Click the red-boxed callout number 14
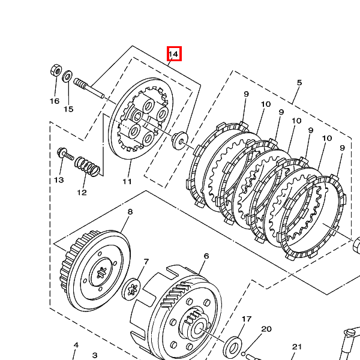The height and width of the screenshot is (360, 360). click(173, 54)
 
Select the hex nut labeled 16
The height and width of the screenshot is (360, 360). click(56, 70)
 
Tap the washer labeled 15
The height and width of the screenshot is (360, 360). click(67, 76)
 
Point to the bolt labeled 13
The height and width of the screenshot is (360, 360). click(65, 154)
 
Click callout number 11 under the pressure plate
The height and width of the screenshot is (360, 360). click(127, 182)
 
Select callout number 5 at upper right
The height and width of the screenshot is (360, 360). click(299, 83)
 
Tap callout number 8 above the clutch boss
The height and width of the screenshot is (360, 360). click(130, 211)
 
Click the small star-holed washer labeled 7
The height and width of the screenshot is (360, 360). click(131, 289)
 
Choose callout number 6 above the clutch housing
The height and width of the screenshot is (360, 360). click(206, 256)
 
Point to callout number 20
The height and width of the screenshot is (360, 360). click(266, 329)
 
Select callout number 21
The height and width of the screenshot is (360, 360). click(296, 347)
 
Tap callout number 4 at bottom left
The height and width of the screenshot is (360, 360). click(76, 345)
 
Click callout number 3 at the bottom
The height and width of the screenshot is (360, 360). click(95, 355)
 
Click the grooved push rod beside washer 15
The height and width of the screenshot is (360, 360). click(89, 88)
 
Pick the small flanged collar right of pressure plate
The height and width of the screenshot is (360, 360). click(180, 140)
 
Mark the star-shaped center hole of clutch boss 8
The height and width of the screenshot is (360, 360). click(101, 273)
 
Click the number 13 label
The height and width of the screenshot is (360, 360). click(59, 180)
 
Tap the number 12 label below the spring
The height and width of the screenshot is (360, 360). click(82, 193)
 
